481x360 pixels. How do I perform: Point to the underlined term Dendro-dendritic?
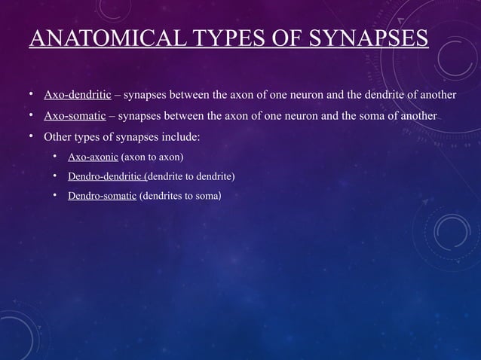(x=109, y=177)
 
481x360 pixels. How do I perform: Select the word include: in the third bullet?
(x=179, y=138)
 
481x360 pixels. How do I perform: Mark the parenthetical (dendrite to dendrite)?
(x=191, y=177)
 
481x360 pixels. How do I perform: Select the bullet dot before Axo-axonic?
(x=56, y=157)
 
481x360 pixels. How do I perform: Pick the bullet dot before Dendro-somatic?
(x=56, y=196)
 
